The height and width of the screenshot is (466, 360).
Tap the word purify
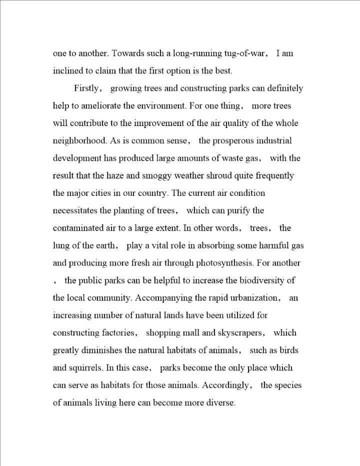point(242,210)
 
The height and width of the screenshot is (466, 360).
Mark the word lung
point(61,245)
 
